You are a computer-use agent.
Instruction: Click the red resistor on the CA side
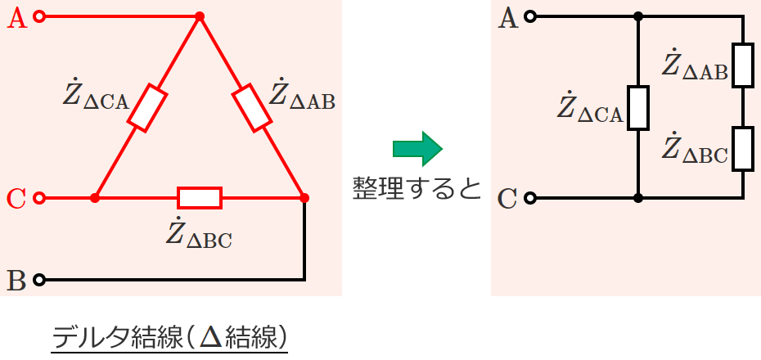tap(147, 108)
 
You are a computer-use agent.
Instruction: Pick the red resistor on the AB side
tap(251, 108)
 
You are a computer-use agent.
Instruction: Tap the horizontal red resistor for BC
tap(200, 198)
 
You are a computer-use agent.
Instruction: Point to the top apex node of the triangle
tap(199, 17)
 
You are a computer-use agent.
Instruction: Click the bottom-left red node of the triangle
tap(95, 198)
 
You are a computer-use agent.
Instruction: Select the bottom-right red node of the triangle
tap(304, 198)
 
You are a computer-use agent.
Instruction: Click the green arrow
tap(417, 149)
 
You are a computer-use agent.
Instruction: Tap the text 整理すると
tap(417, 188)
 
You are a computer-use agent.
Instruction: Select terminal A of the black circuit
tap(531, 17)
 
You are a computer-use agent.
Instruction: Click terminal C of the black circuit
tap(531, 198)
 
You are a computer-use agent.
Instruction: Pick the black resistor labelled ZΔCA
tap(638, 108)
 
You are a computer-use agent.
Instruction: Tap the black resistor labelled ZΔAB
tap(742, 65)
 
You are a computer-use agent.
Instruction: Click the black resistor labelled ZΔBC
tap(742, 149)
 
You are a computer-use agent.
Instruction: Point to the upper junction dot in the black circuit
tap(638, 17)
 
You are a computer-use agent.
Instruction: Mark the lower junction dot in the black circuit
tap(638, 198)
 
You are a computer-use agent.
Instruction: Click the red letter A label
tap(17, 19)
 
